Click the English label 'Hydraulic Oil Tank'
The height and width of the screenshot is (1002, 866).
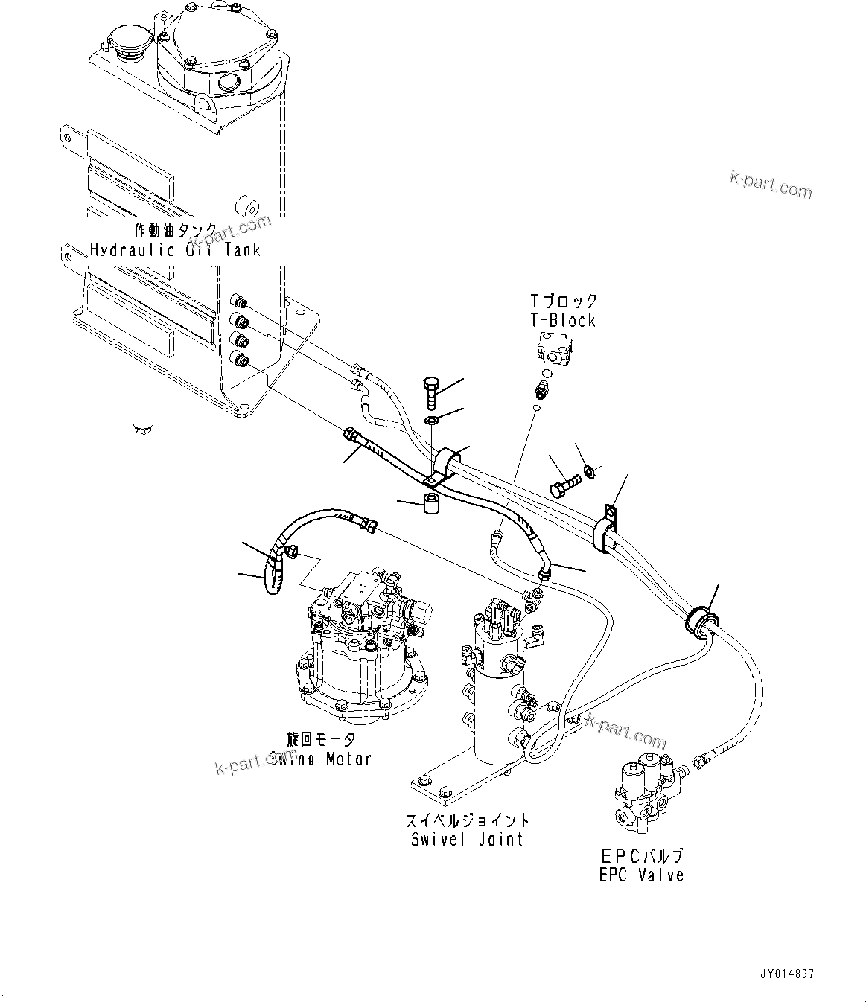(x=175, y=249)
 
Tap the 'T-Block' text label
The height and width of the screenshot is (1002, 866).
(x=563, y=320)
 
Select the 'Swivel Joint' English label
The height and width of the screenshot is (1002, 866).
(x=467, y=839)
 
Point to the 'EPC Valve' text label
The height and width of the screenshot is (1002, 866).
(x=641, y=875)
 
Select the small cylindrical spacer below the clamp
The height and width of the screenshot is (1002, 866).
(x=431, y=503)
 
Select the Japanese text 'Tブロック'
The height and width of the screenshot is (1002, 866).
(x=563, y=301)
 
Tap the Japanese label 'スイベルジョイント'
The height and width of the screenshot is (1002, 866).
(x=467, y=820)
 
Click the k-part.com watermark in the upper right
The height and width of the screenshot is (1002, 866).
(x=771, y=184)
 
